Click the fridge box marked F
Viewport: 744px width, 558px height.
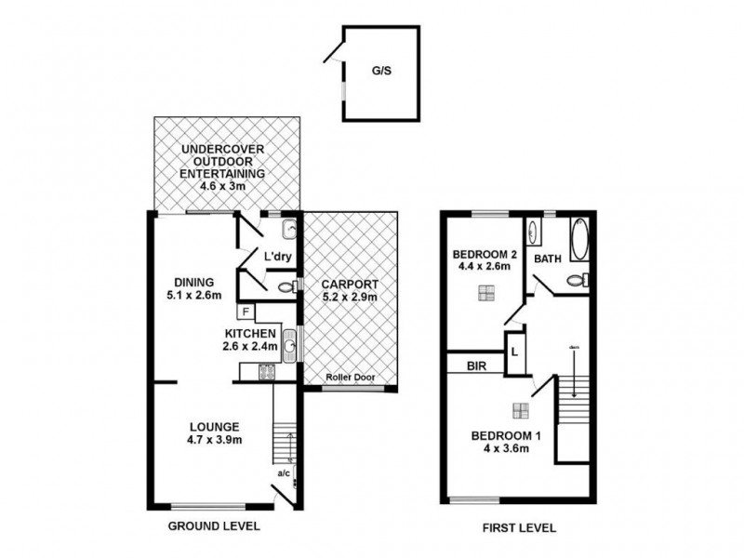pyautogui.click(x=246, y=312)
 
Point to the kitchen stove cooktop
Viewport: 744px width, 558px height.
pyautogui.click(x=267, y=373)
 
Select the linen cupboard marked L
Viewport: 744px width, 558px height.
pyautogui.click(x=513, y=352)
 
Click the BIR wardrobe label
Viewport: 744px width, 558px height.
pyautogui.click(x=474, y=366)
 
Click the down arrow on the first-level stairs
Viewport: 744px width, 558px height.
pyautogui.click(x=574, y=372)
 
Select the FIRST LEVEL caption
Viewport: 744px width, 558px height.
pyautogui.click(x=519, y=527)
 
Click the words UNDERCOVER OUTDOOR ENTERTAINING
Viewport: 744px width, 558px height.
pyautogui.click(x=223, y=162)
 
